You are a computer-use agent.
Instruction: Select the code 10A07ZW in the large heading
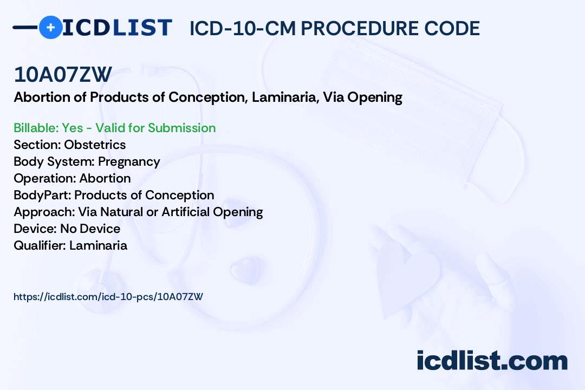(x=63, y=75)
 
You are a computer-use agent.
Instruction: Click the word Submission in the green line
(x=181, y=128)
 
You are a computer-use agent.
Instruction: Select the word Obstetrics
(x=95, y=145)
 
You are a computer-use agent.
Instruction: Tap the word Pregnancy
(x=129, y=161)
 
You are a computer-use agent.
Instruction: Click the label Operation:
(x=44, y=178)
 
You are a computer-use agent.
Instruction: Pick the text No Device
(x=90, y=229)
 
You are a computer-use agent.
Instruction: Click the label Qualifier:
(x=40, y=245)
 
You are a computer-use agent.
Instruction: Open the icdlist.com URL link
(x=108, y=296)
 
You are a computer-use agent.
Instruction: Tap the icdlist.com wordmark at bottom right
(x=492, y=361)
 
